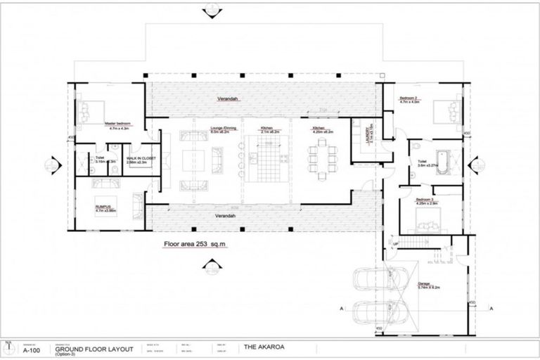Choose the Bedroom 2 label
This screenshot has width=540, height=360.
[x=409, y=98]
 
